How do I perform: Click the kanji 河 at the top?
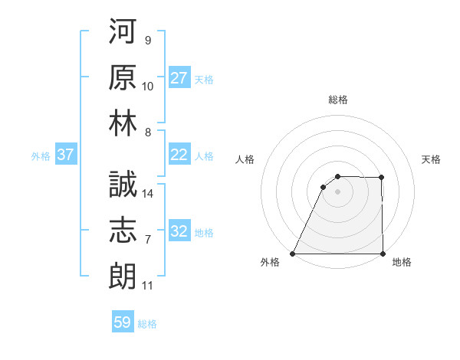point(123,31)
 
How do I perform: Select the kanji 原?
point(123,77)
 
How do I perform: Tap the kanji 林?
point(123,123)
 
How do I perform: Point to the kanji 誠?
point(123,185)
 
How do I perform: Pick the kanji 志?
point(123,231)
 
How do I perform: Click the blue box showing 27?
point(179,78)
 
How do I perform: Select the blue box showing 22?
point(179,155)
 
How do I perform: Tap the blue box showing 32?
point(179,231)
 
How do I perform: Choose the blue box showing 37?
point(66,155)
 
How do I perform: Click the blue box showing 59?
point(123,322)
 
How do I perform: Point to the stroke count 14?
point(149,194)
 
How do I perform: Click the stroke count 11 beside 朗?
point(148,286)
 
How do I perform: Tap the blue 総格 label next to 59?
point(147,324)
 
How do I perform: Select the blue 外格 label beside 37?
point(41,156)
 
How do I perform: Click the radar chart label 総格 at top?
point(338,100)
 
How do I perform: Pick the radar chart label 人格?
point(245,159)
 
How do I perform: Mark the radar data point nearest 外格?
point(293,254)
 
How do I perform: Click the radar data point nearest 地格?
point(383,254)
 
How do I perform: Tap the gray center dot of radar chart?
point(337,192)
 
